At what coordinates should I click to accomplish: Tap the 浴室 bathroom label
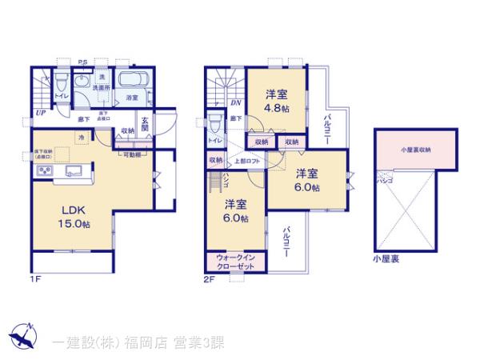132,98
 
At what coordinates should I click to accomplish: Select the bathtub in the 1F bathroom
134,80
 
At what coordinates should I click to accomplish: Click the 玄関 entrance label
146,125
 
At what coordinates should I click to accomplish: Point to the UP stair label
39,113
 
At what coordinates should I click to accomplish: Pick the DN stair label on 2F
236,102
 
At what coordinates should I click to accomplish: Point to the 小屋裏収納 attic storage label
415,149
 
